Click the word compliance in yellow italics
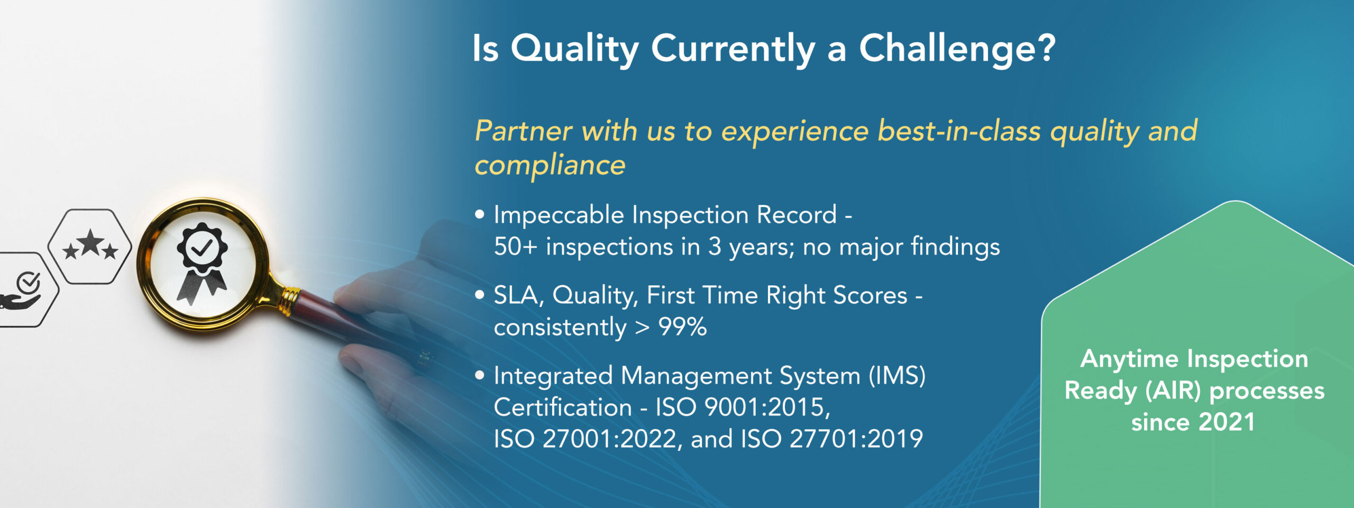[550, 166]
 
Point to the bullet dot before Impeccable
[480, 214]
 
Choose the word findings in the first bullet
[955, 247]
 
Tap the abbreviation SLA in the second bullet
[519, 295]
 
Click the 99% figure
[682, 326]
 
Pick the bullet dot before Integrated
[480, 375]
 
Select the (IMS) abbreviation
[897, 376]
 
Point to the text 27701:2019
[856, 439]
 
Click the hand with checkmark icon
[21, 291]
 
